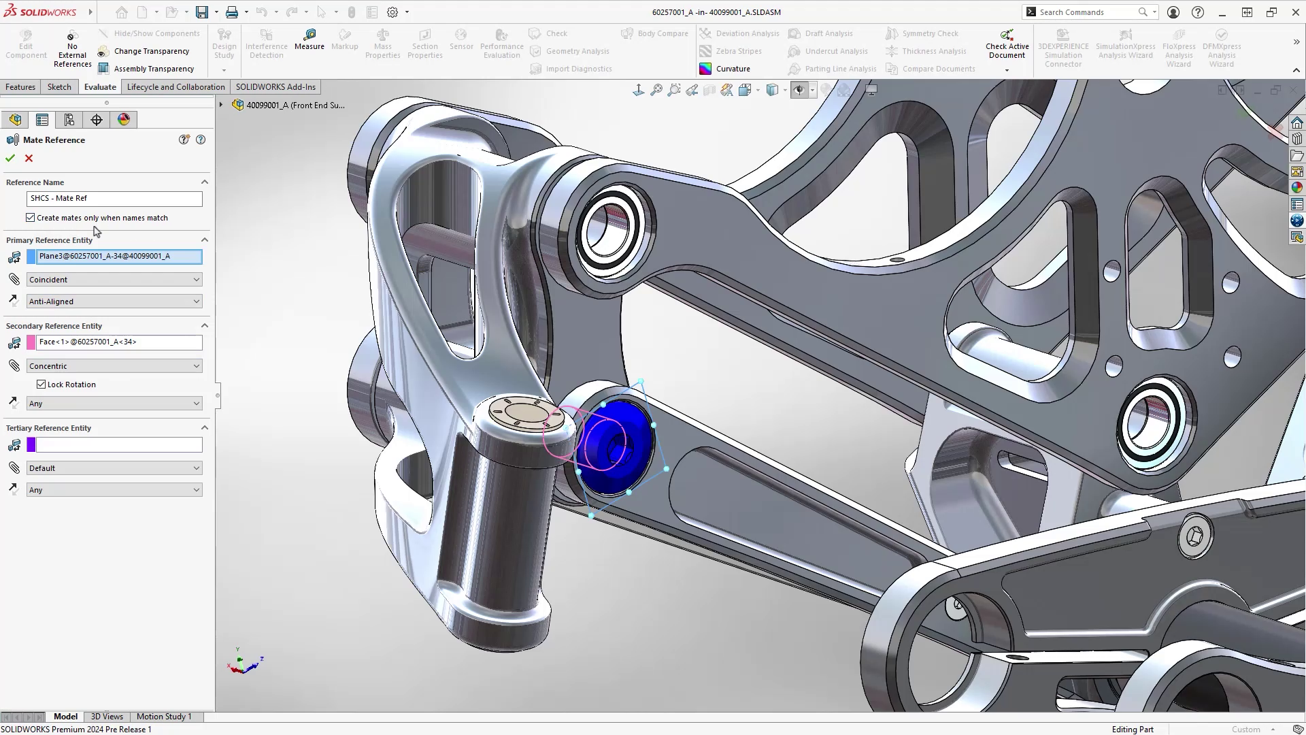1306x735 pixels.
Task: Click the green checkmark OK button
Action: click(x=10, y=158)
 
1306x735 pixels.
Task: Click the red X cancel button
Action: click(x=29, y=158)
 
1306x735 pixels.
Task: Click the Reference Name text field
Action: click(x=114, y=198)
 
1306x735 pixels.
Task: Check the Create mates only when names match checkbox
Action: click(x=31, y=218)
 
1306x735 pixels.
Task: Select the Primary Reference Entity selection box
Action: click(x=118, y=257)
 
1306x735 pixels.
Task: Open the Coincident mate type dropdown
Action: click(x=114, y=280)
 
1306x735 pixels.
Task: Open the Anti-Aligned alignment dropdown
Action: click(x=114, y=301)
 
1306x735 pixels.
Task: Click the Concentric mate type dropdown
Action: click(x=114, y=366)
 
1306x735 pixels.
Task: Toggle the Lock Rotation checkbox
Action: click(x=41, y=385)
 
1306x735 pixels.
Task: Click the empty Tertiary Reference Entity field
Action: click(x=118, y=445)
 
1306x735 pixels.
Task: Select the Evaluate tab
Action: click(x=100, y=87)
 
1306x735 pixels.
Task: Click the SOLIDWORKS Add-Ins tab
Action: click(x=275, y=87)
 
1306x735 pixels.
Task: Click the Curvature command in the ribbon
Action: click(x=733, y=69)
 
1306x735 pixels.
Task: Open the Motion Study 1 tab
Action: click(x=164, y=717)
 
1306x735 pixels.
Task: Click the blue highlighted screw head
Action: click(x=616, y=446)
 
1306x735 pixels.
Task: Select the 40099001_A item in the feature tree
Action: click(x=295, y=105)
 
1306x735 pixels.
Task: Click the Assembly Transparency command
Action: click(x=154, y=69)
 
